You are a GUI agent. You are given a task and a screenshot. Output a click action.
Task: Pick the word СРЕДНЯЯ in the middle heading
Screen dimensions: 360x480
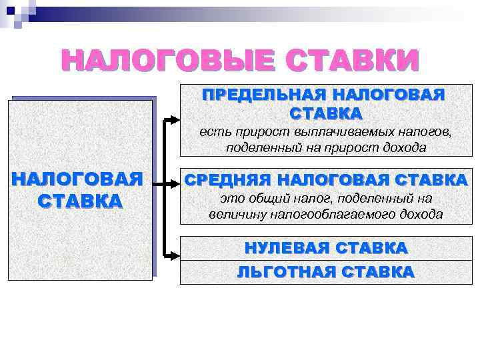(227, 180)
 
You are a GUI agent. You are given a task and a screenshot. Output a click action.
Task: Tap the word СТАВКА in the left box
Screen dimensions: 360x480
(81, 200)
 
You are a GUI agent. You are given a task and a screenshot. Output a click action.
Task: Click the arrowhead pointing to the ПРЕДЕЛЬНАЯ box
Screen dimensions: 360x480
(174, 121)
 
